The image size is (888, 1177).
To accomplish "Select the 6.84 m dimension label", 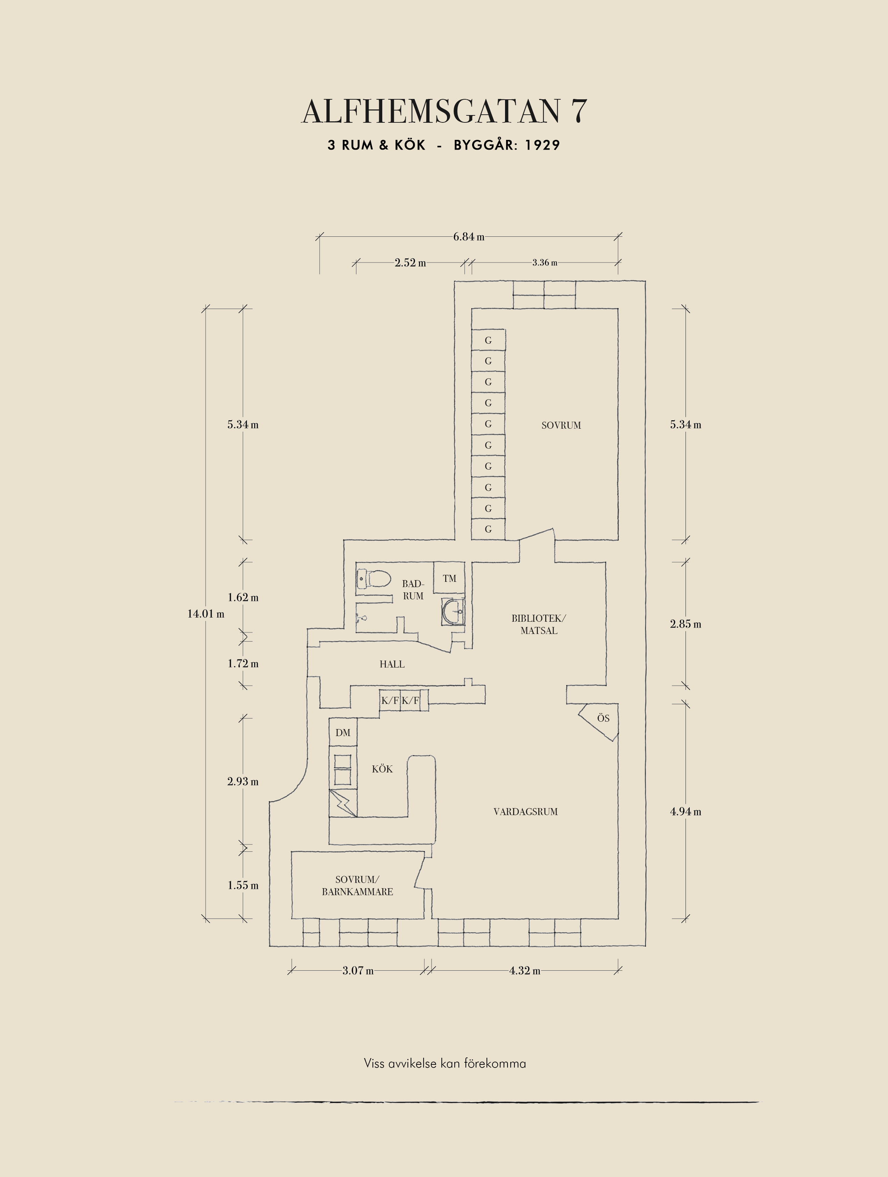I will point(469,237).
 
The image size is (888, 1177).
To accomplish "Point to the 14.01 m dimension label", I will point(205,614).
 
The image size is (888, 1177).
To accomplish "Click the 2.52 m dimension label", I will point(410,263).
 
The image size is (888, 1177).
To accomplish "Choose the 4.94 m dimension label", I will point(685,812).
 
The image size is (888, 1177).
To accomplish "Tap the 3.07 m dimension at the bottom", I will point(357,971).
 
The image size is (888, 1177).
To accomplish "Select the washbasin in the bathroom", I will point(452,612).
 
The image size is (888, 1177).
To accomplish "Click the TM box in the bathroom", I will point(449,578).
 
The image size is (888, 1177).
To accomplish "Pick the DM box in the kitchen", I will point(343,733).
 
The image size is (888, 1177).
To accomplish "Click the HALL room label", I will point(392,664).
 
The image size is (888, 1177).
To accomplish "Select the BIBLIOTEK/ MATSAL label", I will point(539,624).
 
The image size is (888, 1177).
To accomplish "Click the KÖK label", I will point(382,769).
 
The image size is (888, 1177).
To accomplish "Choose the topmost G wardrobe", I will point(488,340).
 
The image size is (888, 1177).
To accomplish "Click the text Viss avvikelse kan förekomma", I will point(445,1063).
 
